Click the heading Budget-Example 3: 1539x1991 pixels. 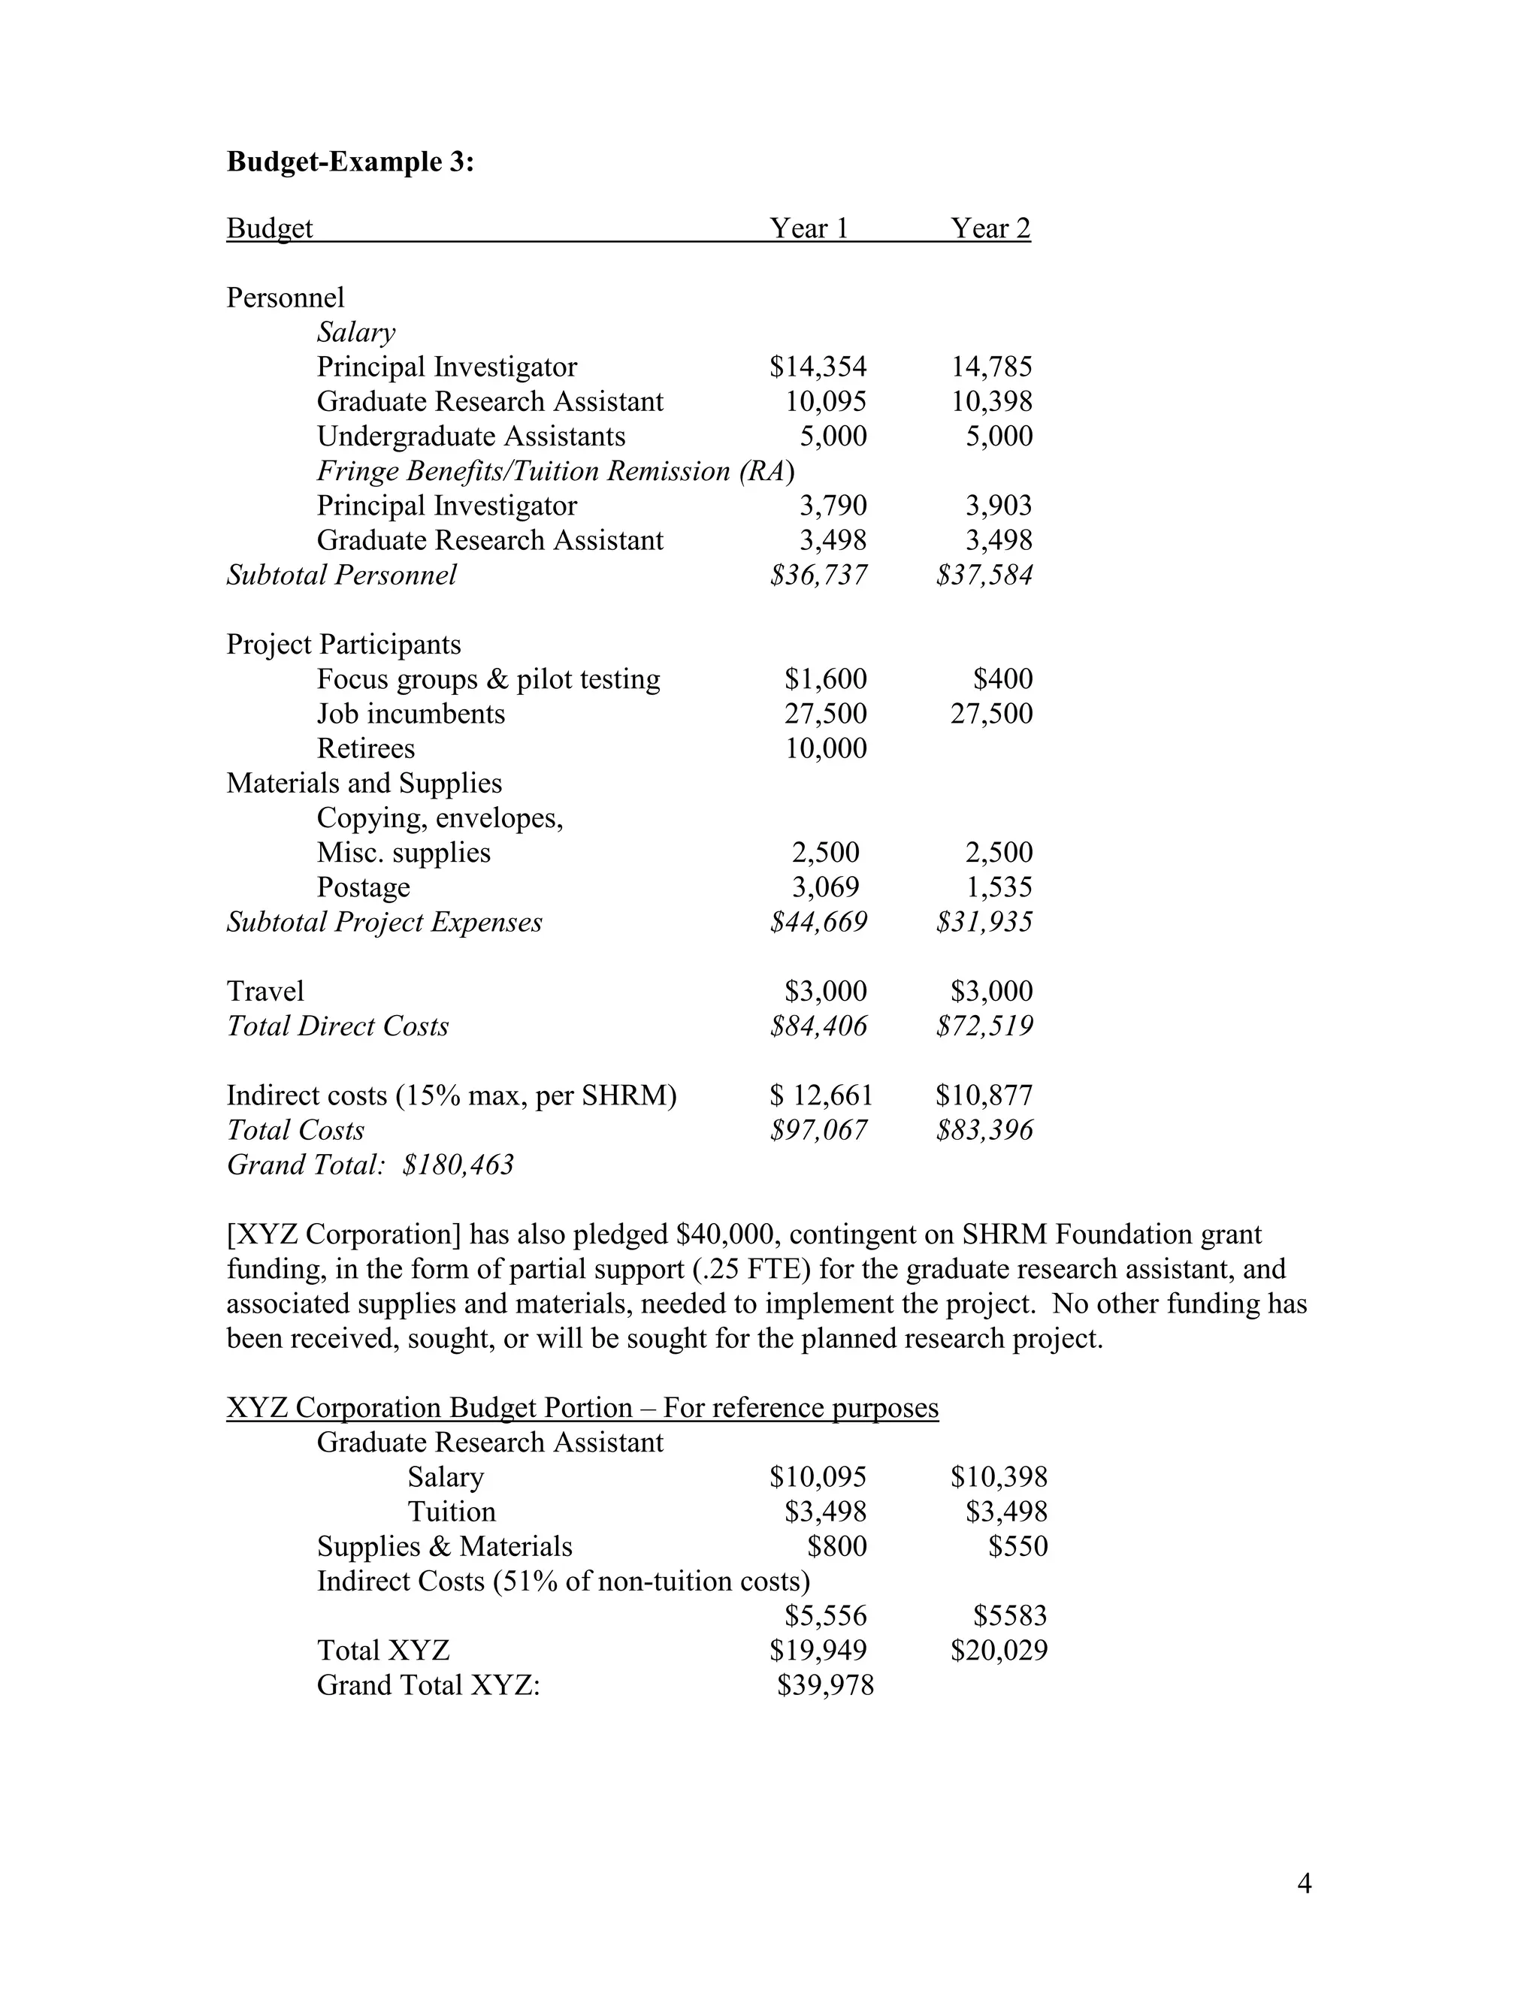(x=350, y=162)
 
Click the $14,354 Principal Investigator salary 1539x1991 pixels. (x=818, y=367)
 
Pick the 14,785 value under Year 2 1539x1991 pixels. (x=992, y=367)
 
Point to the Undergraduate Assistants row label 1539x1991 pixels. (x=470, y=436)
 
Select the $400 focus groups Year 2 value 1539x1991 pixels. (x=1003, y=678)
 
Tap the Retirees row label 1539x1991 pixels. (x=366, y=748)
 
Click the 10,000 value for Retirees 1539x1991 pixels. (x=825, y=748)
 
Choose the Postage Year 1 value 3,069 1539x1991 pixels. (x=825, y=887)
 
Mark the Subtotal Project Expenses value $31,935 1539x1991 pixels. (x=984, y=922)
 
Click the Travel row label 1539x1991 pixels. (x=265, y=991)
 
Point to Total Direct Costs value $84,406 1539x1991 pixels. (x=818, y=1026)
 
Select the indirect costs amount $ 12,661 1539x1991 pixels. (x=821, y=1095)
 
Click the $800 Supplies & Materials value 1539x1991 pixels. (x=836, y=1546)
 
